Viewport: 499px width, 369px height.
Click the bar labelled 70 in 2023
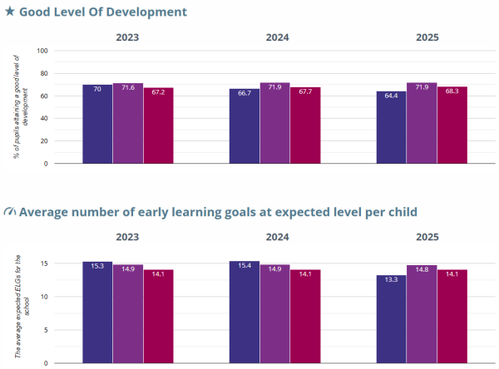[97, 124]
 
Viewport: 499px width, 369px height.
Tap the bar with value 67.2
[158, 125]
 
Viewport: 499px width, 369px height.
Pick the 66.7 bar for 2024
[244, 125]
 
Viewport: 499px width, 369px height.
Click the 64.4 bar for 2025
[391, 127]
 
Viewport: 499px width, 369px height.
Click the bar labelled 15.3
[97, 312]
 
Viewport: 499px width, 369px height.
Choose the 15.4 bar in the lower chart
[244, 312]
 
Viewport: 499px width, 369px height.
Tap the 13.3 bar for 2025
[391, 319]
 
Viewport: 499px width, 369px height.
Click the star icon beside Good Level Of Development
[9, 12]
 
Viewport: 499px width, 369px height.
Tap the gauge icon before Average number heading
[9, 212]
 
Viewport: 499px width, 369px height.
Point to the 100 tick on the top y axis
[44, 51]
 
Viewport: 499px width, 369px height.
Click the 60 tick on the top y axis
[46, 96]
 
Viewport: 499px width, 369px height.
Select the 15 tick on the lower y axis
[47, 263]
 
